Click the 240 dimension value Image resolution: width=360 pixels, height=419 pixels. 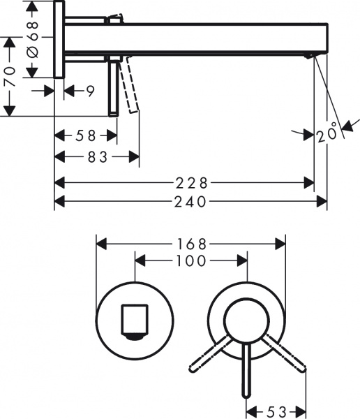[190, 202]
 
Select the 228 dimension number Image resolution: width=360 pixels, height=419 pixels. [190, 183]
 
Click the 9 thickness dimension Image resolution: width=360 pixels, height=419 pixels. [91, 90]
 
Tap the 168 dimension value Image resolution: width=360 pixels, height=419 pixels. [190, 244]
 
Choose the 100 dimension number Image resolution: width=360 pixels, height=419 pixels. [190, 261]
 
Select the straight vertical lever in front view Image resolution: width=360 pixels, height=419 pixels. [246, 370]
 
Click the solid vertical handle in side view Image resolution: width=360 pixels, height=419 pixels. [112, 87]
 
